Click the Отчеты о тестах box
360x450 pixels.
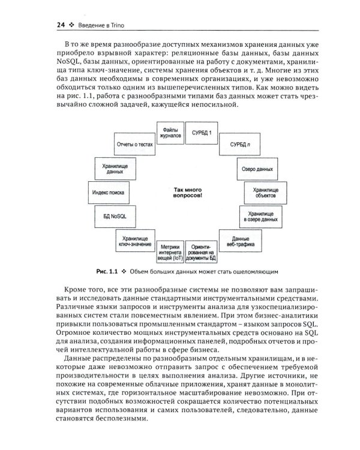[130, 145]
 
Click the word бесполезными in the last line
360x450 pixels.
[119, 421]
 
